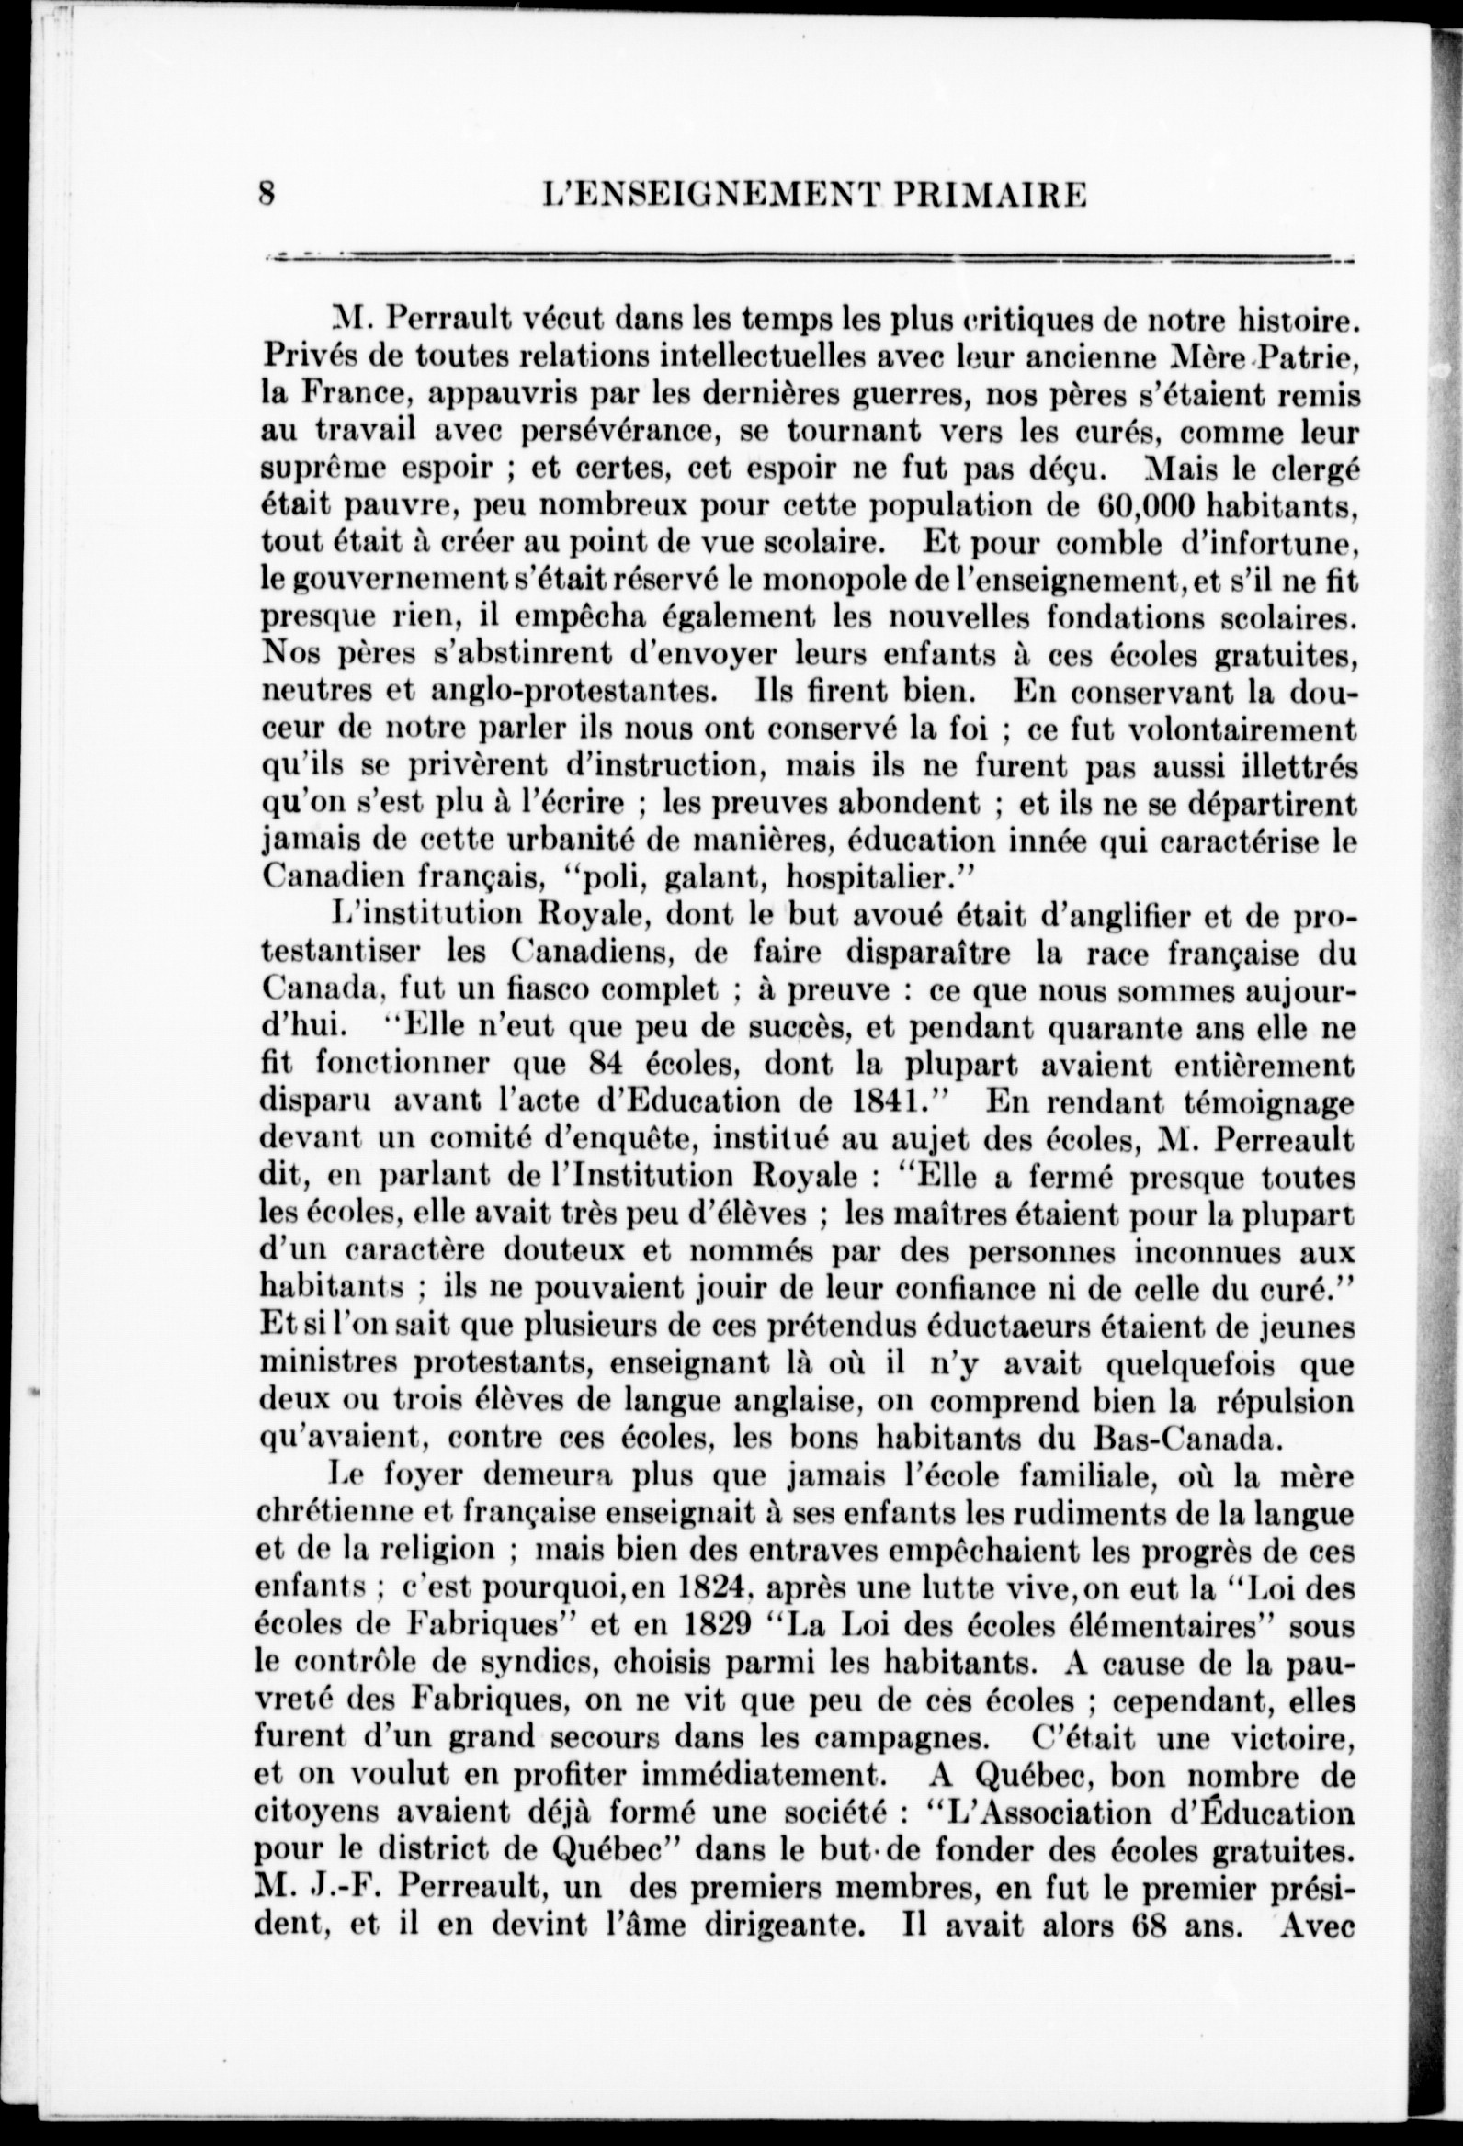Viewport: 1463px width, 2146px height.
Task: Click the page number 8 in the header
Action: point(268,195)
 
